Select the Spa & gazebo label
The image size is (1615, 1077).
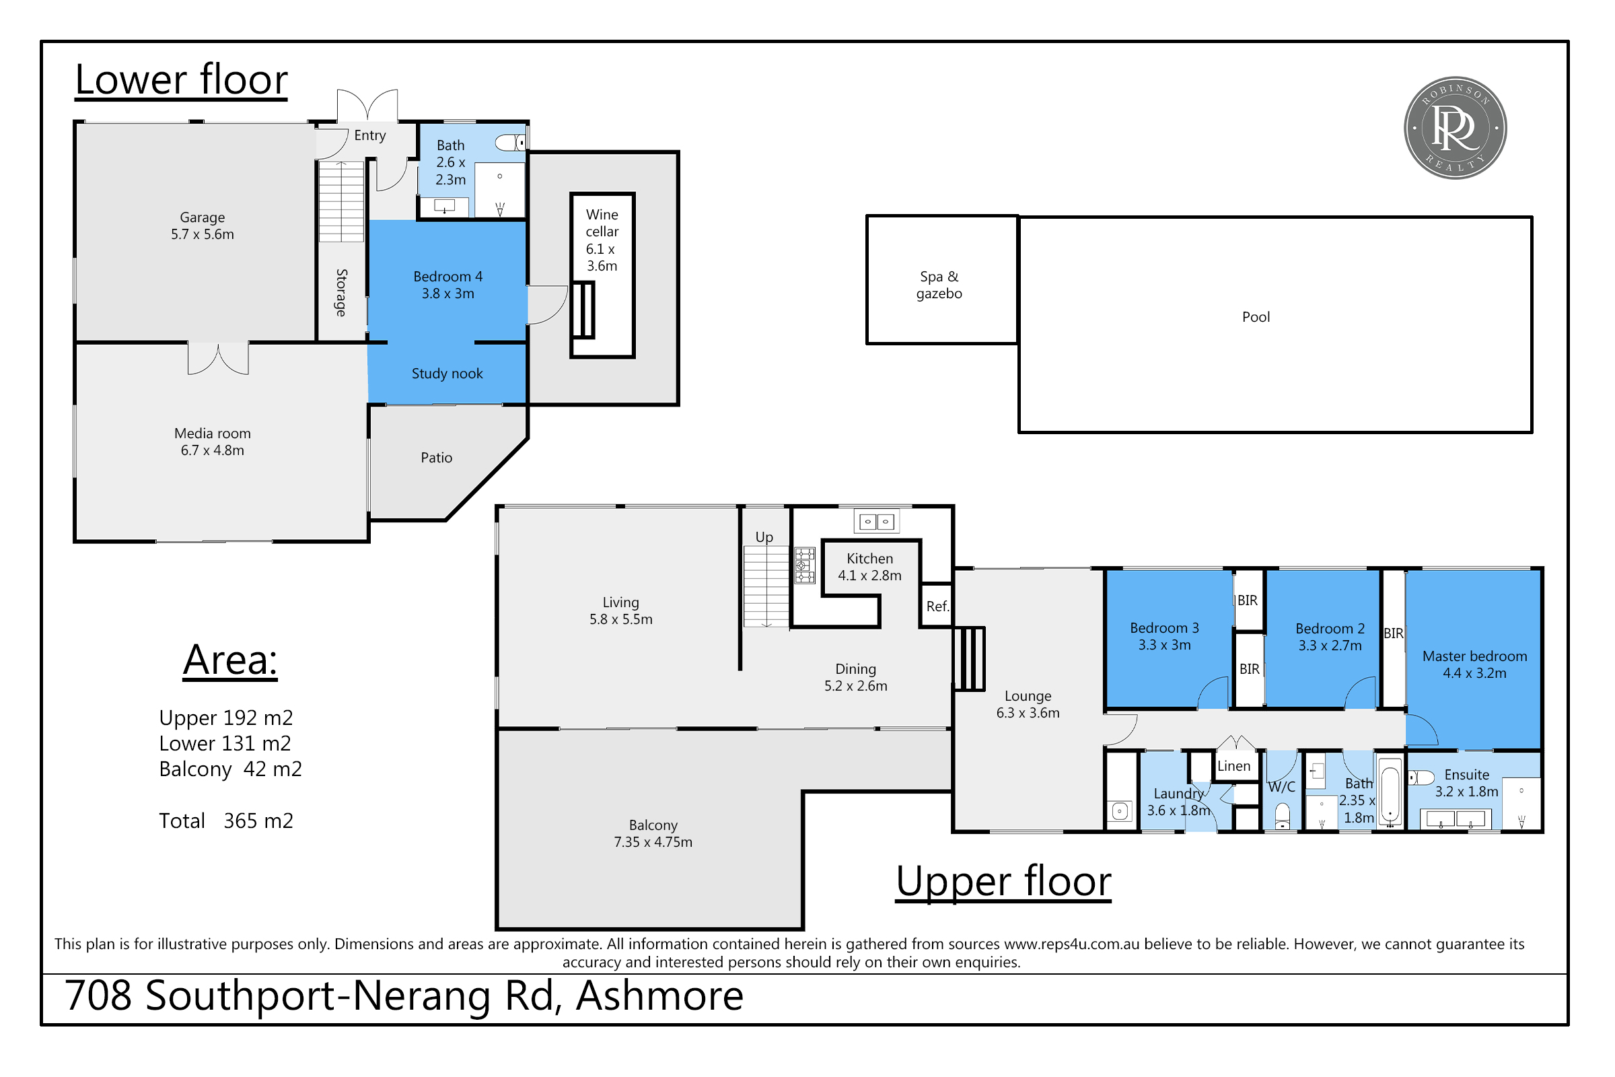click(x=939, y=285)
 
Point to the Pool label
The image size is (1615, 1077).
click(x=1255, y=317)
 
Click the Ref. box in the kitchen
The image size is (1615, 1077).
click(x=937, y=606)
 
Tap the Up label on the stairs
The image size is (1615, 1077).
click(x=764, y=537)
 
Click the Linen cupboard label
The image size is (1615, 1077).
click(x=1233, y=766)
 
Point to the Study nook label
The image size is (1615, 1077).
click(x=447, y=374)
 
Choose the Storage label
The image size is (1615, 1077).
click(x=341, y=293)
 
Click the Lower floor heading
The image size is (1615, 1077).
click(x=181, y=79)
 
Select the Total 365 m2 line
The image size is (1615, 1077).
click(x=226, y=821)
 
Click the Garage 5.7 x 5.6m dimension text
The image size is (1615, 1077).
click(x=203, y=234)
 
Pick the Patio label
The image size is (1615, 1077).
click(x=436, y=458)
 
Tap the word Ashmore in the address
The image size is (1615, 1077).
click(x=659, y=996)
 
